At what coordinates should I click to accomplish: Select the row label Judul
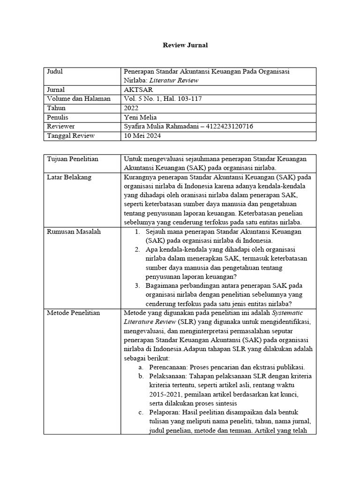click(x=55, y=72)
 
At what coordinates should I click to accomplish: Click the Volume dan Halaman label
click(x=79, y=98)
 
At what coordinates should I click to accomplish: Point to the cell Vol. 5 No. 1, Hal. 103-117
click(x=163, y=98)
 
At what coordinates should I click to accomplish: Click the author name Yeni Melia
click(x=141, y=117)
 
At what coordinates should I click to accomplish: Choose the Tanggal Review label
click(x=71, y=136)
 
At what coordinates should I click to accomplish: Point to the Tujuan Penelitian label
click(x=73, y=159)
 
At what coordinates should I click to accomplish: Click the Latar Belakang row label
click(x=69, y=177)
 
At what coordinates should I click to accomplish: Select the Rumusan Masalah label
click(x=74, y=232)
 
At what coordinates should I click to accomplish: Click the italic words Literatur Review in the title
click(x=179, y=80)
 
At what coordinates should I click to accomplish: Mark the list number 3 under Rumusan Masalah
click(x=137, y=286)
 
